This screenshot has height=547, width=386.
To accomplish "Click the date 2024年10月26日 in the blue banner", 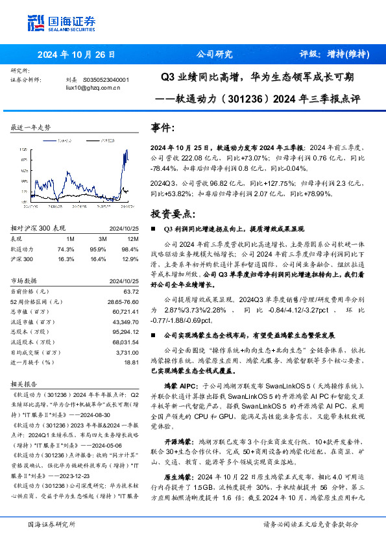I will pyautogui.click(x=76, y=55).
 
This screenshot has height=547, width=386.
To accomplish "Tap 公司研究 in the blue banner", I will pyautogui.click(x=214, y=55).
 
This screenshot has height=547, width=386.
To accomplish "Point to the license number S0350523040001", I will pyautogui.click(x=106, y=79).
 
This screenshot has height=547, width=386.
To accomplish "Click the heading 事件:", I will pyautogui.click(x=162, y=128).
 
